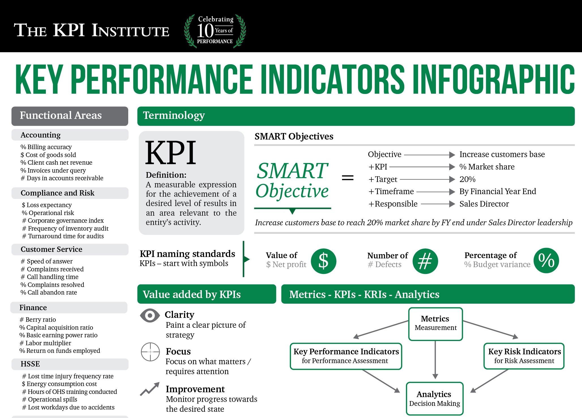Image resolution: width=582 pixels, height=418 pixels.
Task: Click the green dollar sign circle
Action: click(324, 261)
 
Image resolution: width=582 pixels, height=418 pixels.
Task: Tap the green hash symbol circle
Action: click(425, 261)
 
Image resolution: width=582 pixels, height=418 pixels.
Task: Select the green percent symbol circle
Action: click(546, 260)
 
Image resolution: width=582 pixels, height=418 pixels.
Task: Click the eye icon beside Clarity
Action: click(150, 315)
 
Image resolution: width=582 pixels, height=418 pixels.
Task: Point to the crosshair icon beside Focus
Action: click(150, 352)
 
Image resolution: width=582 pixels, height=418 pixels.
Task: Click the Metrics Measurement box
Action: click(435, 324)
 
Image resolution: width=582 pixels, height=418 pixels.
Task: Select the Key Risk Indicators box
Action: click(524, 356)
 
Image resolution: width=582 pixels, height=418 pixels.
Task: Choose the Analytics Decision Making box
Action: click(435, 398)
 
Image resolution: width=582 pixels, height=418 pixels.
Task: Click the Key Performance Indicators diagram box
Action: click(346, 356)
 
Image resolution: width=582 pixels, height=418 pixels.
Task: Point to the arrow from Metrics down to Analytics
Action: click(435, 360)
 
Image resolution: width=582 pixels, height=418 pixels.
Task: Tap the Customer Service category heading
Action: click(52, 249)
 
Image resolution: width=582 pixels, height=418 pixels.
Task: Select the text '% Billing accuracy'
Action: click(46, 147)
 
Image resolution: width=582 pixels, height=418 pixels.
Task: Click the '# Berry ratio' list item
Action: click(38, 320)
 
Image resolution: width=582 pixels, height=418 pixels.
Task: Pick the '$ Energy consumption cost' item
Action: click(59, 384)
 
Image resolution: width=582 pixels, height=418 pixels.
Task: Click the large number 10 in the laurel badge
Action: click(205, 31)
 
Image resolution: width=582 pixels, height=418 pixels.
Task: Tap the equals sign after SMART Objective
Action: click(348, 178)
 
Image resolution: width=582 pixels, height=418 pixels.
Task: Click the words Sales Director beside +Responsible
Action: click(484, 204)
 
